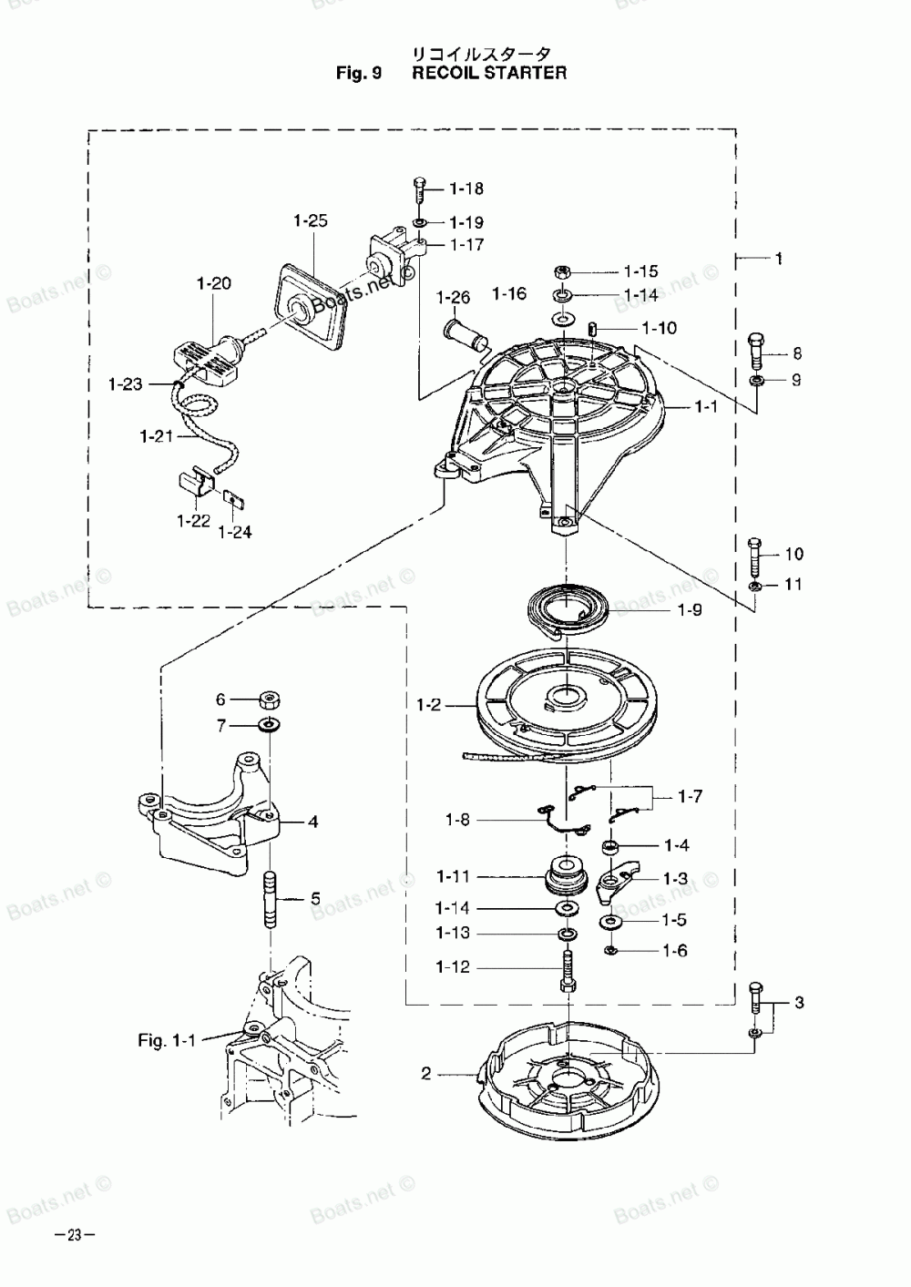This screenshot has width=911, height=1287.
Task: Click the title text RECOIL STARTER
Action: pos(489,73)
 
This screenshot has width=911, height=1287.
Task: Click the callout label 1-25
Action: pos(311,221)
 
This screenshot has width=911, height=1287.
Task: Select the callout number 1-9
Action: pos(690,611)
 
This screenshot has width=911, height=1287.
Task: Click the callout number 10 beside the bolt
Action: pos(793,554)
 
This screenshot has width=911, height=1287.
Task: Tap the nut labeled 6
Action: pos(269,700)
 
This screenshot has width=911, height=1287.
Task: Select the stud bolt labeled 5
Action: pos(270,899)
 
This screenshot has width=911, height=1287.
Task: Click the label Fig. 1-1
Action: pos(167,1039)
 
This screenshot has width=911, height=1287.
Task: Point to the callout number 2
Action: pos(425,1074)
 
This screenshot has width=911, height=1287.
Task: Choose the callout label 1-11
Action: pos(453,877)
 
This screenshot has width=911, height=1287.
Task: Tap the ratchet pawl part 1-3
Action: pos(617,878)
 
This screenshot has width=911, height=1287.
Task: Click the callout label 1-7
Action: pos(690,797)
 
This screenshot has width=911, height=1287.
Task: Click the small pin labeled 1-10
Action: pos(593,329)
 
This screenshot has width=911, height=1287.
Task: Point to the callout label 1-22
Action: pos(194,521)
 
